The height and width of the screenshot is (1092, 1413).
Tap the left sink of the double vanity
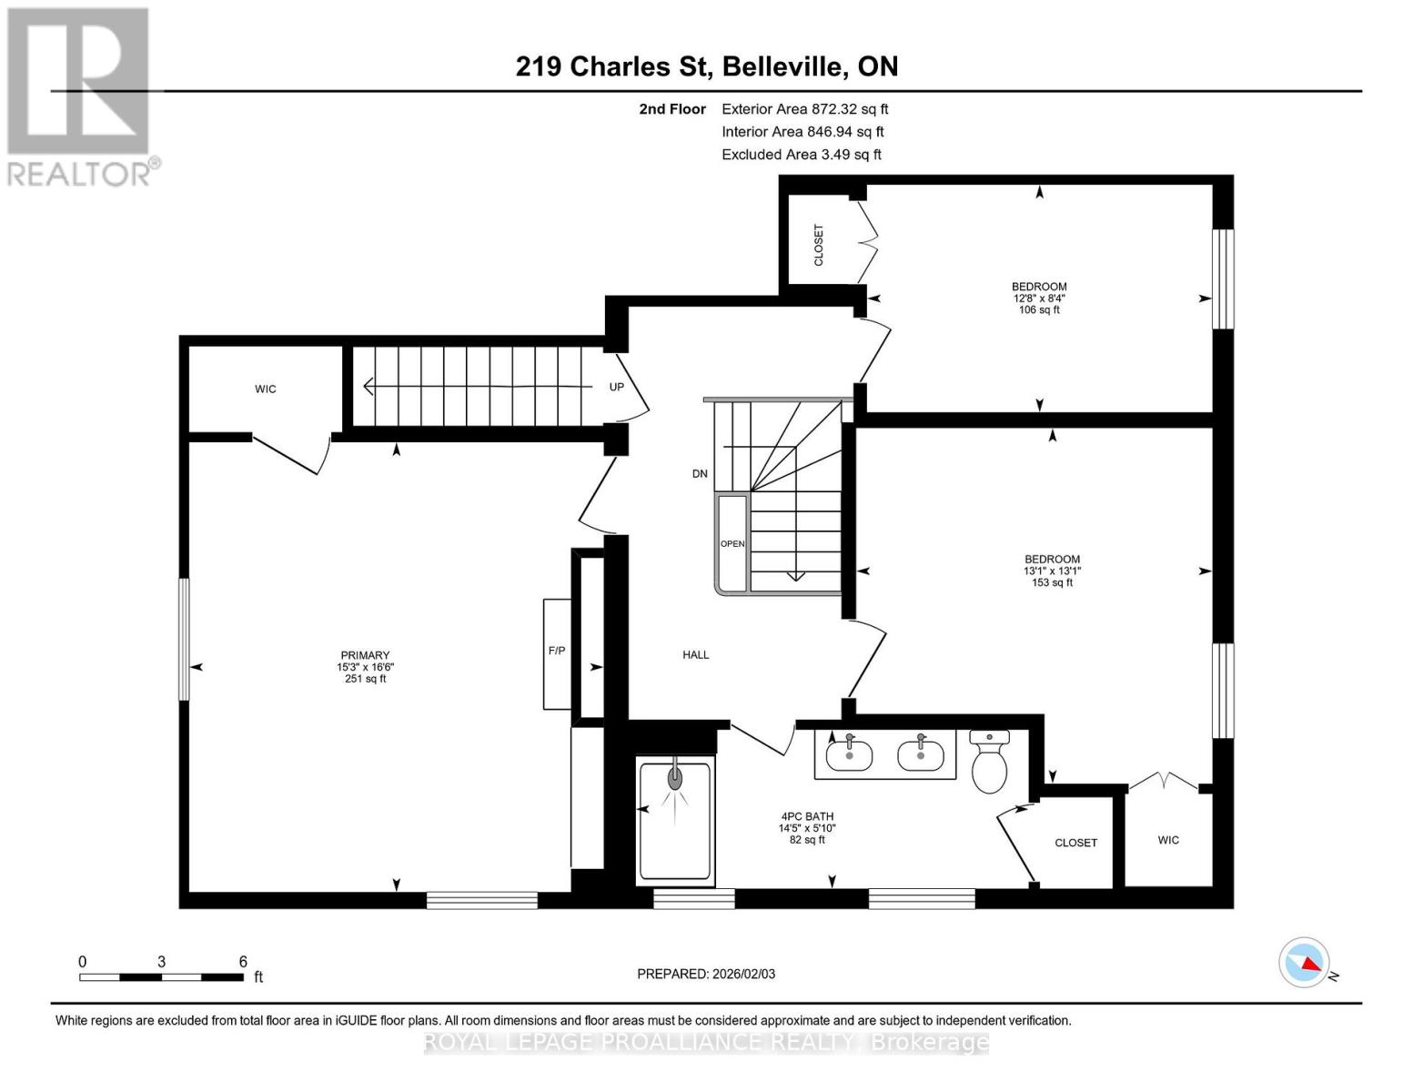coord(849,753)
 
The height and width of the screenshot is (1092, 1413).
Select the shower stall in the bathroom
coord(674,822)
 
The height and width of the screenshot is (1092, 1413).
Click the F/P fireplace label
coord(556,651)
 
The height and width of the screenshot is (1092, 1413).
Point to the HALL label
coord(696,654)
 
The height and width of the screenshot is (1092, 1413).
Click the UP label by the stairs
coord(616,387)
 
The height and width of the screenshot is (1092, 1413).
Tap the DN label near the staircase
coord(700,473)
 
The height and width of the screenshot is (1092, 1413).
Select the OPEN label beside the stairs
coord(732,543)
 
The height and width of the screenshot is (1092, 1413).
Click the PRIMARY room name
coord(365,655)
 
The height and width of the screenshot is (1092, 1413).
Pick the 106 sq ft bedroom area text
coord(1039,309)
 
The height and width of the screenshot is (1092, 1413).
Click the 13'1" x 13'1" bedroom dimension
coord(1052,571)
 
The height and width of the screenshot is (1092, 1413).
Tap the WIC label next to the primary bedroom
coord(265,389)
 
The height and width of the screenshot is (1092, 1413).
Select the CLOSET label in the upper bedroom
coord(818,245)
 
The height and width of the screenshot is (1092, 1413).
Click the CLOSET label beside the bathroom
coord(1075,843)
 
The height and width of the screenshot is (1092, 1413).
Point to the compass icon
coord(1304,962)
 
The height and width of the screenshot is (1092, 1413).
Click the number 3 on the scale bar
coord(161,962)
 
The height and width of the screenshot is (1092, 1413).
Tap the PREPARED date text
coord(706,974)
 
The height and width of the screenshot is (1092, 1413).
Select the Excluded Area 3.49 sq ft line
coord(801,155)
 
